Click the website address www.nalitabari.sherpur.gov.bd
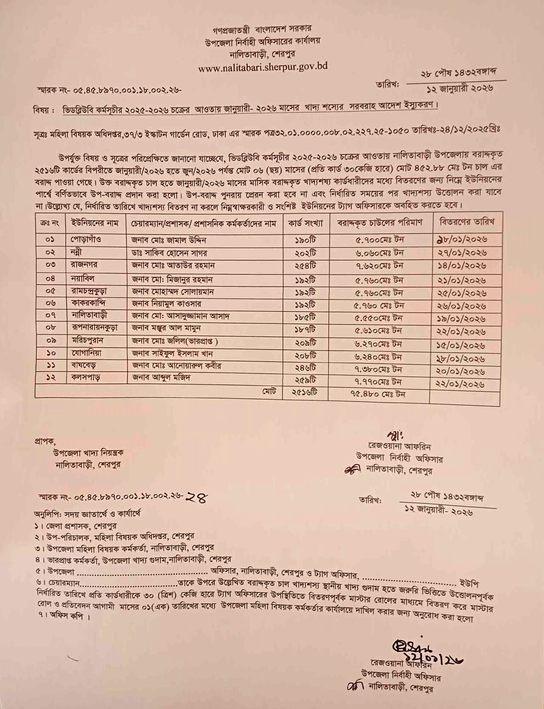tap(262, 67)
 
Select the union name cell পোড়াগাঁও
tap(86, 240)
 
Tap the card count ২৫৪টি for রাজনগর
tap(305, 266)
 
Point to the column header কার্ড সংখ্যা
tap(305, 223)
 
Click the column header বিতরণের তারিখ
tap(466, 222)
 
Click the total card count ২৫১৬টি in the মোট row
tap(305, 393)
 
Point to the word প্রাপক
tap(45, 441)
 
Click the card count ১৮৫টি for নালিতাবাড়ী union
tap(305, 317)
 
